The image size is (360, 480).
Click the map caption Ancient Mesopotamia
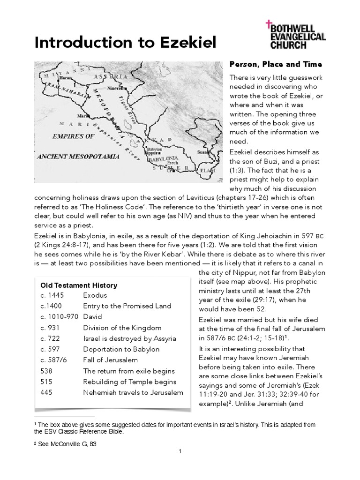pos(78,156)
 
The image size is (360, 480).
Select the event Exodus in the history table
pos(95,295)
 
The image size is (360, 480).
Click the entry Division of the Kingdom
pos(122,328)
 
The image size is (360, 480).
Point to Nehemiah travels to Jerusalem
pos(133,392)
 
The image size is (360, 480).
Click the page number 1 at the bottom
pos(180,451)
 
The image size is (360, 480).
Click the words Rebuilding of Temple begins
pos(130,382)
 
